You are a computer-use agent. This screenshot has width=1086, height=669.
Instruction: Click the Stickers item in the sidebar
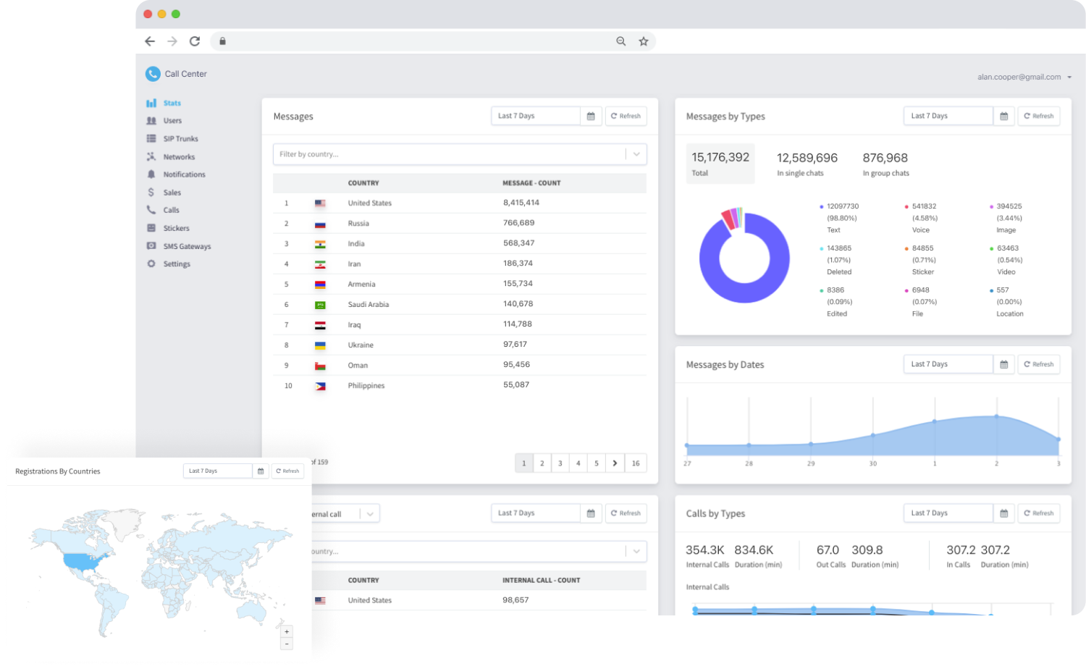(x=175, y=228)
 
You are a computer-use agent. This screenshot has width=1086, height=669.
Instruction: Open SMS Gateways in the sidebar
(x=186, y=246)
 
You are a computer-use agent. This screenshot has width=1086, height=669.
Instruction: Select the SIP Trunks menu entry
(x=180, y=139)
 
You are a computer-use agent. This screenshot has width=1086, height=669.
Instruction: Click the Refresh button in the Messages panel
(x=626, y=116)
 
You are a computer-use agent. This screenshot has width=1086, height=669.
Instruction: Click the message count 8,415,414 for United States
(x=521, y=203)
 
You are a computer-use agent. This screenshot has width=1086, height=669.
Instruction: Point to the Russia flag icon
(x=320, y=224)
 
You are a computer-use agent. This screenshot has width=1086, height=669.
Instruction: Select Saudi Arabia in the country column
(x=368, y=305)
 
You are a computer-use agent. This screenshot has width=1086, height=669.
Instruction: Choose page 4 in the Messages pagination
(x=578, y=463)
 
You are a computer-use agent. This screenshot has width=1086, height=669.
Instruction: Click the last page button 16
(x=635, y=463)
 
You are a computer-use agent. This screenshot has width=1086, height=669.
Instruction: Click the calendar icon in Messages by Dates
(x=1003, y=364)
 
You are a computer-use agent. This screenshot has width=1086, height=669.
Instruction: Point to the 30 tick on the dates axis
(x=872, y=463)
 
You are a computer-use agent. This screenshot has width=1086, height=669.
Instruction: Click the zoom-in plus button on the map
(x=287, y=631)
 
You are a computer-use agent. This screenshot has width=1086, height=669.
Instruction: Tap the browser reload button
(x=195, y=41)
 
